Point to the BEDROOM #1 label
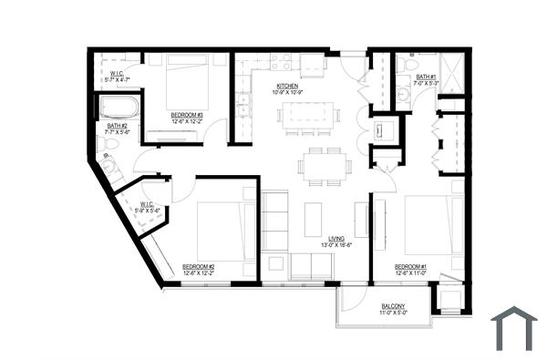(x=411, y=266)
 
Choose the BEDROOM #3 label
(x=188, y=115)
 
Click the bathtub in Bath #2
(x=118, y=108)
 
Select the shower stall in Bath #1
(x=453, y=68)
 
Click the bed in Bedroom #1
(x=427, y=224)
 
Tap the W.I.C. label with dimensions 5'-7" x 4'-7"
(x=118, y=77)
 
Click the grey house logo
(x=514, y=328)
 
